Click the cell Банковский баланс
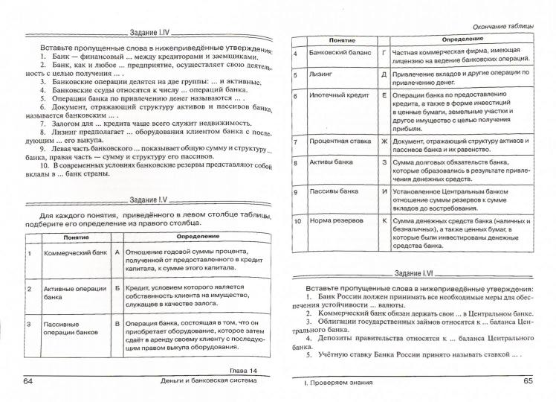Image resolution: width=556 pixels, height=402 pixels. (x=337, y=54)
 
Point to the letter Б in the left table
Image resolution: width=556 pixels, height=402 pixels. (x=117, y=287)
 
